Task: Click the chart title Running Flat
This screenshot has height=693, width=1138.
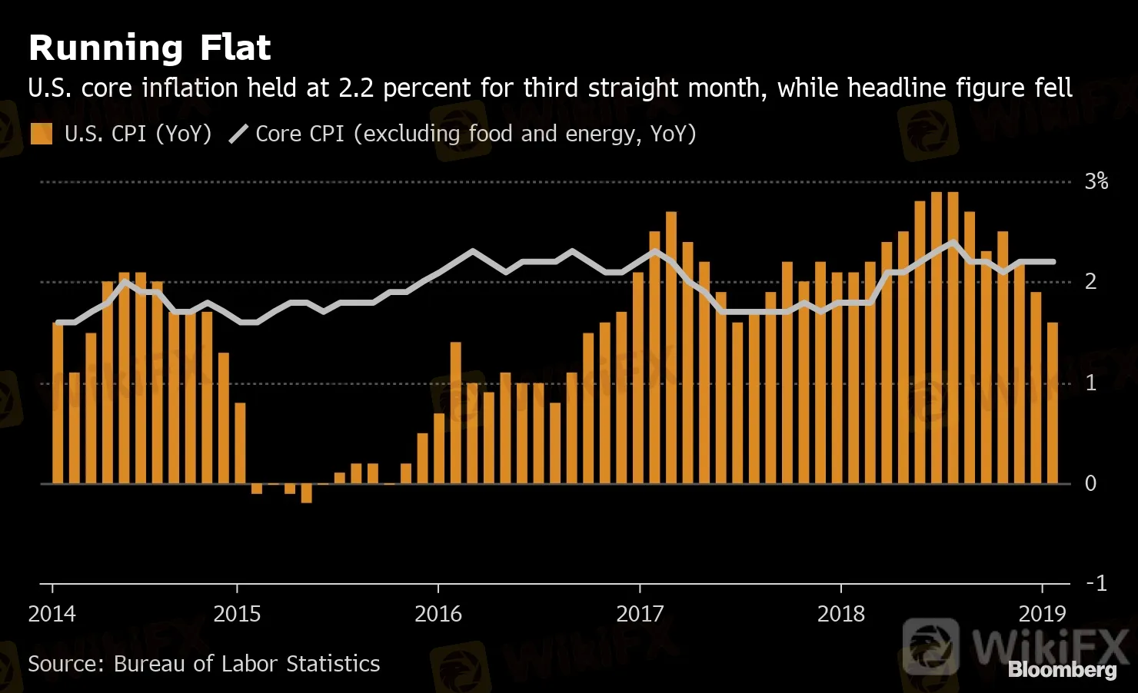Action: coord(149,48)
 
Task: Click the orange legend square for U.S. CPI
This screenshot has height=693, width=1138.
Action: coord(41,134)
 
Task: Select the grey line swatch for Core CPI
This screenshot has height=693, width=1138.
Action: coord(238,134)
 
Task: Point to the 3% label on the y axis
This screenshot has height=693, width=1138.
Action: coord(1096,181)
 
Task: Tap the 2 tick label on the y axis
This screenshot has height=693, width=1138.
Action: coord(1090,282)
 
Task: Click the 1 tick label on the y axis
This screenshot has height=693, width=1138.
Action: coord(1090,383)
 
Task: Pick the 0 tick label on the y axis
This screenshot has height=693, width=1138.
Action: coord(1090,483)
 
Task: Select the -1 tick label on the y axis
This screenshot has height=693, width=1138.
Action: coord(1096,583)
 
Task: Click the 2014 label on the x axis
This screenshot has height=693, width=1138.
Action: coord(52,614)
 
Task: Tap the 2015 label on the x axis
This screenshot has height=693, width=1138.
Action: coord(237,614)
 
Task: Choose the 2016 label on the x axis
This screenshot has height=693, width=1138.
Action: coord(438,614)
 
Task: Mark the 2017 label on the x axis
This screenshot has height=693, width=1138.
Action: coord(640,614)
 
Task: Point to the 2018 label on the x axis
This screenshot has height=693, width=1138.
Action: coord(841,614)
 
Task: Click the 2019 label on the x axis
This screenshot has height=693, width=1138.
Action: coord(1043,614)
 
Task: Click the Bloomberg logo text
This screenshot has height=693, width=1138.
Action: coord(1062,670)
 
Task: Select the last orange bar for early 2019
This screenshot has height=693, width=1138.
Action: coord(1052,403)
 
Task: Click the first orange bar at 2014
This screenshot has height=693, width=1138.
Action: coord(58,403)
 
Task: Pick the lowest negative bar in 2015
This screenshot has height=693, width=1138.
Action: coord(306,493)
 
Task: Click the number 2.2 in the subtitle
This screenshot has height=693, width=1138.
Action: coord(356,88)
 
